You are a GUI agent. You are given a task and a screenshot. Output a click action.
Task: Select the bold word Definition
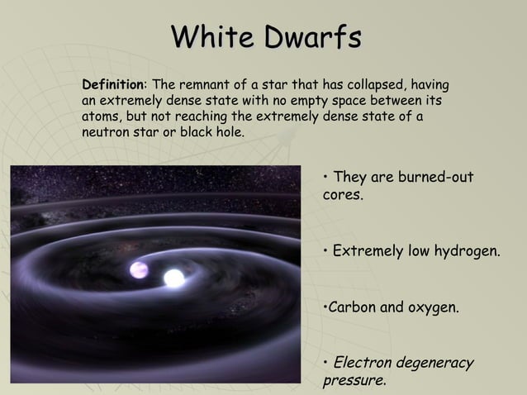tap(113, 85)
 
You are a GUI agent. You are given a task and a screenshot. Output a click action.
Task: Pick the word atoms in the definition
tap(100, 117)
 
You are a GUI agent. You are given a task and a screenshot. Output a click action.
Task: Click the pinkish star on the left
tap(139, 270)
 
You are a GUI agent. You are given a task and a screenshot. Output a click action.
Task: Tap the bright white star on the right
tap(174, 278)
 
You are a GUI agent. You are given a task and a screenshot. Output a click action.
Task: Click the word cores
tap(343, 197)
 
